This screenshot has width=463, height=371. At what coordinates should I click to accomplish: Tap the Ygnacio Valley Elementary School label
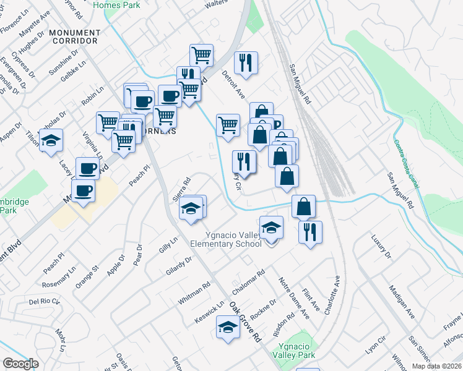[235, 239]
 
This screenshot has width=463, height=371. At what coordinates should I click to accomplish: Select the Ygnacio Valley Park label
[297, 351]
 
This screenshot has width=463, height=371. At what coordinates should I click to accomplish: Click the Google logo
[20, 364]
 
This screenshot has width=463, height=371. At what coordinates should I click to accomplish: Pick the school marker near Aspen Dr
[51, 140]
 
